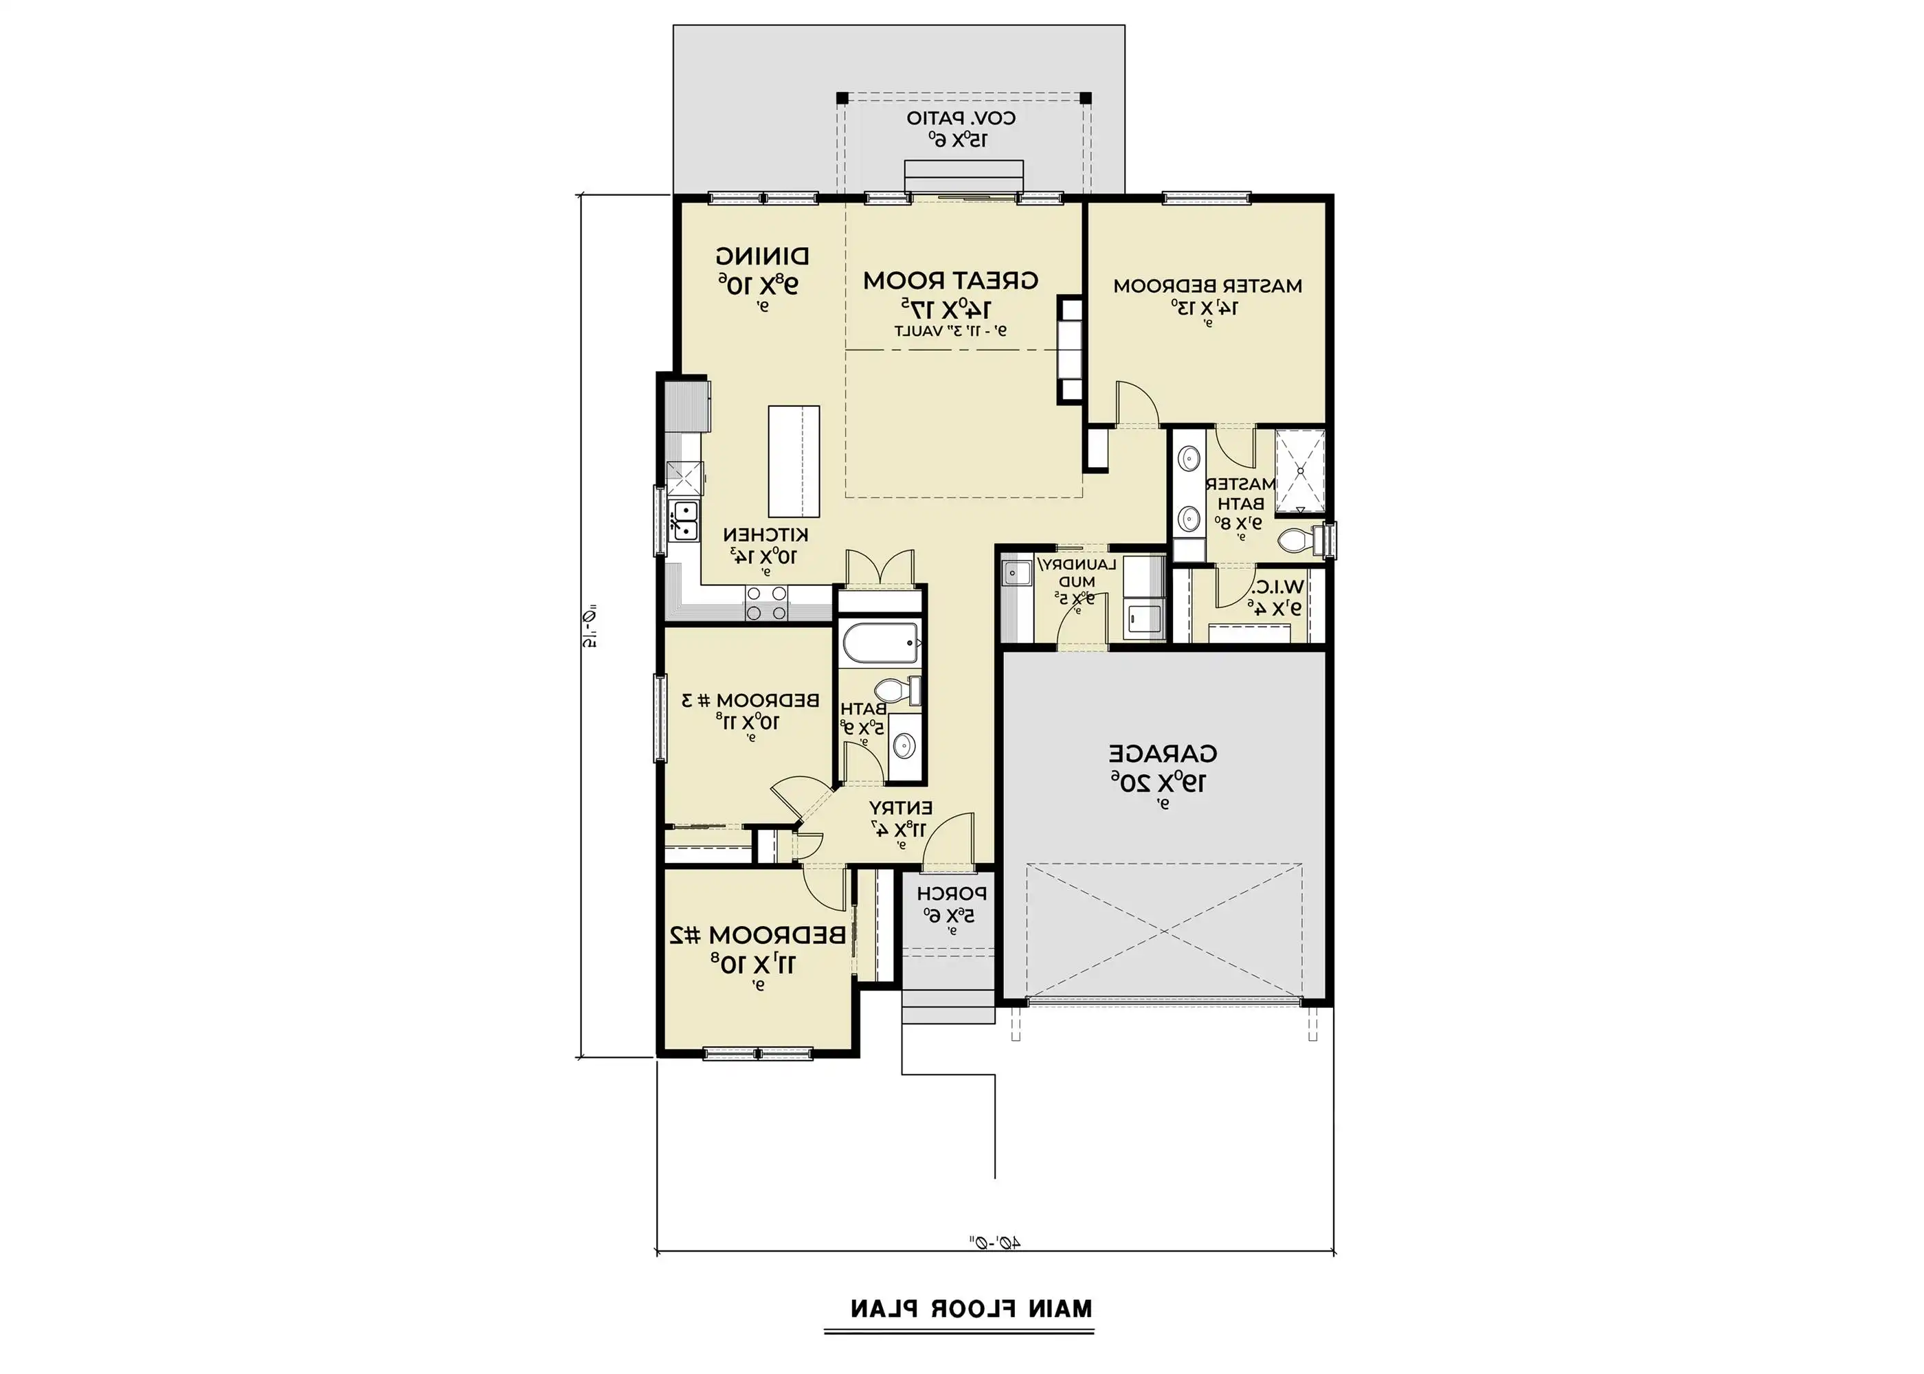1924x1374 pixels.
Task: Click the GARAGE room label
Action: coord(1163,752)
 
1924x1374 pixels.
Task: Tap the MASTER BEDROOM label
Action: coord(1207,286)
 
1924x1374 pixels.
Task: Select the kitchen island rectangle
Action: coord(794,461)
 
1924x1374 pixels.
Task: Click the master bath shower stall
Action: coord(1299,471)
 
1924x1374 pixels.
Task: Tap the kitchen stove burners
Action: coord(767,603)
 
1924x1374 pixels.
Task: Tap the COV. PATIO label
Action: coord(961,118)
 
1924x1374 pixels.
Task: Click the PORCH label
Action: coord(951,893)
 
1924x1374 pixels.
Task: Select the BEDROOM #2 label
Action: coord(757,935)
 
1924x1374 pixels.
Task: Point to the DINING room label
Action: coord(761,255)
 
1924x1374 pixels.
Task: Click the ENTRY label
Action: coord(900,807)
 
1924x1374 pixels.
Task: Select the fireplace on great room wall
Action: coord(1069,350)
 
